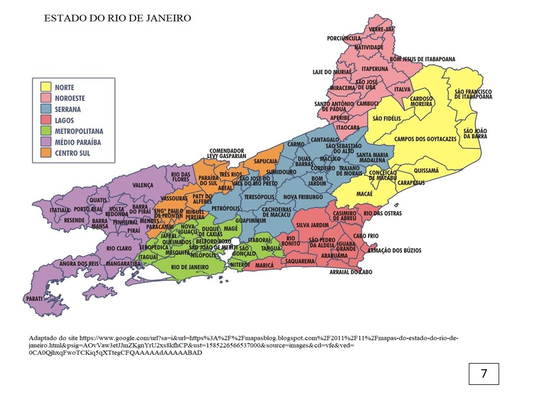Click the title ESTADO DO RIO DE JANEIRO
click(117, 18)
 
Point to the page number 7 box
click(483, 374)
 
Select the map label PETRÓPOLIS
click(222, 208)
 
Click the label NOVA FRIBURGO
click(303, 197)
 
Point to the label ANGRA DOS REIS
click(79, 263)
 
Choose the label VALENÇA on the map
click(143, 185)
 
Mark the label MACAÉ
click(364, 194)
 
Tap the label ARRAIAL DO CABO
click(351, 272)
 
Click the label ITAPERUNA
click(375, 68)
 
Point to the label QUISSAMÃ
click(426, 169)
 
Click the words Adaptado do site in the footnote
click(53, 339)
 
